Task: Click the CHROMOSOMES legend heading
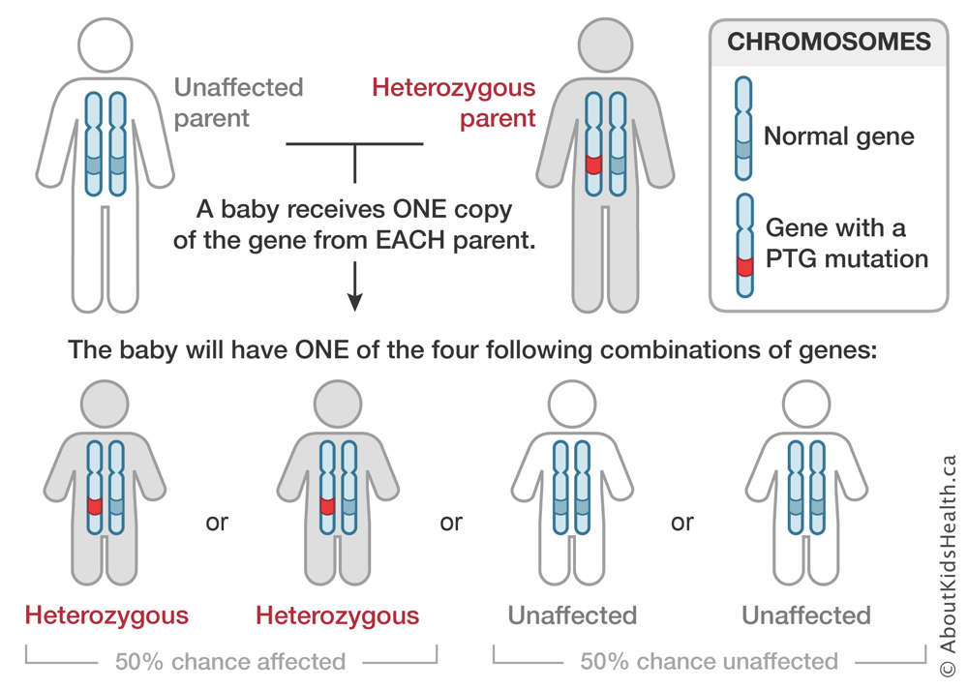pos(829,42)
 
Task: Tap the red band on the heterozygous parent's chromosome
pos(593,165)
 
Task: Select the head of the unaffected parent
pos(106,45)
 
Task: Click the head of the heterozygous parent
pos(606,45)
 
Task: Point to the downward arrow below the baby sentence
pos(355,286)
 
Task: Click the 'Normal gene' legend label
pos(839,135)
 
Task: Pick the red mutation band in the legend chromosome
pos(745,267)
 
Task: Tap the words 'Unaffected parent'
pos(238,103)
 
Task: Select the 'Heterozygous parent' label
pos(454,103)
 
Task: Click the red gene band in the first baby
pos(95,506)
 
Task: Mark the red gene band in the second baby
pos(327,506)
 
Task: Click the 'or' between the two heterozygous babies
pos(217,523)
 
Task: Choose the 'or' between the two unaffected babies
pos(682,523)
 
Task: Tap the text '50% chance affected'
pos(230,661)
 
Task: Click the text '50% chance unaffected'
pos(710,661)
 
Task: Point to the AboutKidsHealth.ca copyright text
pos(948,565)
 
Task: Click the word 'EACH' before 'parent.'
pos(409,240)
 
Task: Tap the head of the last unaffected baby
pos(806,404)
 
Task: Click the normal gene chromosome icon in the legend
pos(743,129)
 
